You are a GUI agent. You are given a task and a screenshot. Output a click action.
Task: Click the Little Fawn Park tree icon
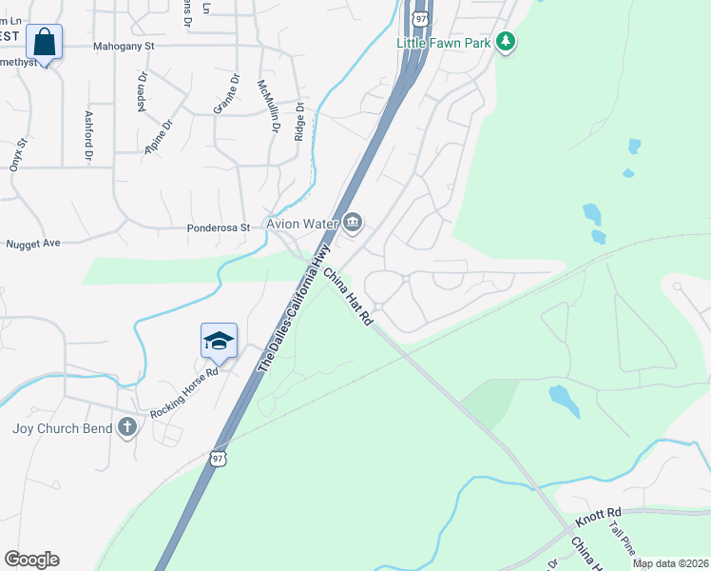(508, 42)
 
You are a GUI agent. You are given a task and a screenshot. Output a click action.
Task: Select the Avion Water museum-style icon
(353, 224)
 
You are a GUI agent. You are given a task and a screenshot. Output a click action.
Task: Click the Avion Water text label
(302, 225)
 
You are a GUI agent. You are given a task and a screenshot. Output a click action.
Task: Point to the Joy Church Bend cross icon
(128, 427)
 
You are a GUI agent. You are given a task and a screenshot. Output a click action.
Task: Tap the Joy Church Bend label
(62, 428)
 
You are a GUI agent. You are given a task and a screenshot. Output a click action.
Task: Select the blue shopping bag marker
(44, 41)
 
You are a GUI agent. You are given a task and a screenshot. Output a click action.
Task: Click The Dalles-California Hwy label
(295, 308)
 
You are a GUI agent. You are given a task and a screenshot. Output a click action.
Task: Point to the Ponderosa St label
(218, 228)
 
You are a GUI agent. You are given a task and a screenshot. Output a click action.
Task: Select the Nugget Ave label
(33, 244)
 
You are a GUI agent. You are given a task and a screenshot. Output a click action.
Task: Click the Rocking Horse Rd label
(183, 393)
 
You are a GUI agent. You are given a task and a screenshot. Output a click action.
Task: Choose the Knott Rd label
(599, 517)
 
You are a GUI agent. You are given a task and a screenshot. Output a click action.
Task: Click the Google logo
(31, 560)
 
